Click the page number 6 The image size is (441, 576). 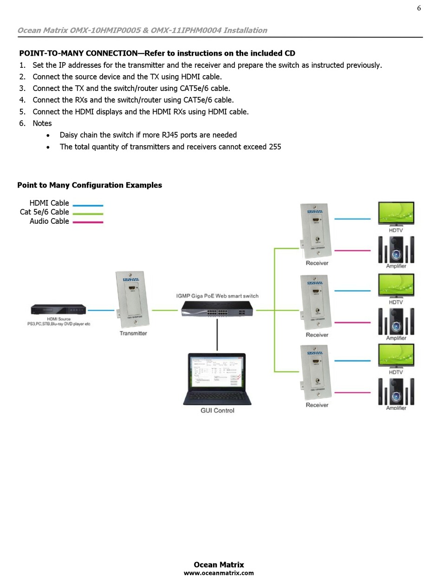pyautogui.click(x=419, y=8)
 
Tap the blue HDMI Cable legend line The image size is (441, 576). pyautogui.click(x=88, y=205)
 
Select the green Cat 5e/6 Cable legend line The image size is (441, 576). pyautogui.click(x=88, y=214)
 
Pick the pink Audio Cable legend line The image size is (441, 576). pyautogui.click(x=88, y=222)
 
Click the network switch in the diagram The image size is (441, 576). pyautogui.click(x=218, y=309)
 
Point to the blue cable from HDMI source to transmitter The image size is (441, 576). pyautogui.click(x=101, y=310)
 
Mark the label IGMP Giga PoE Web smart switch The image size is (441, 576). pyautogui.click(x=217, y=296)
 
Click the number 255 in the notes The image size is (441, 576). pyautogui.click(x=274, y=147)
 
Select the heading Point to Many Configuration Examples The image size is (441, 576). pyautogui.click(x=90, y=185)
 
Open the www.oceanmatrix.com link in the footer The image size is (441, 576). pyautogui.click(x=219, y=573)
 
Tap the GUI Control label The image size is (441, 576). pyautogui.click(x=217, y=410)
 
